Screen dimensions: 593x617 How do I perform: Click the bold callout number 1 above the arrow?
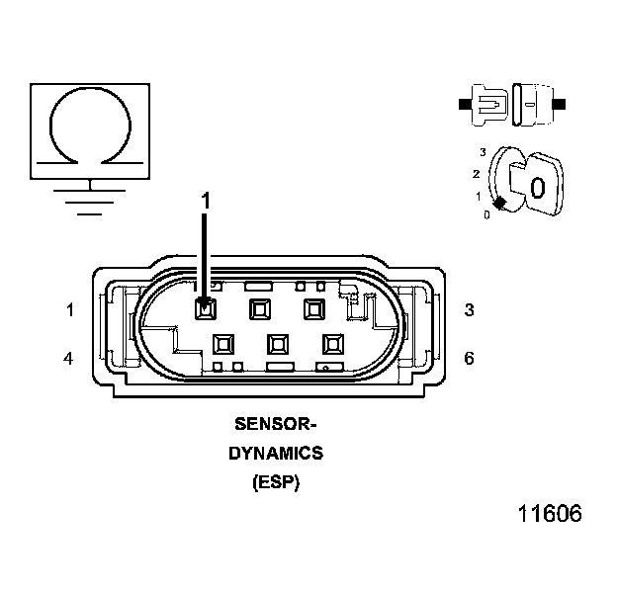tap(206, 200)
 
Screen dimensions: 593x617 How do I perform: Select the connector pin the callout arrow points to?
tap(206, 309)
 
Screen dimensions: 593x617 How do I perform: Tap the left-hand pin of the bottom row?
tap(223, 344)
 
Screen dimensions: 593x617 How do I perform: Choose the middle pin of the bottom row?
tap(277, 344)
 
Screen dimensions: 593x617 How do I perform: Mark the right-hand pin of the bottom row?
tap(331, 344)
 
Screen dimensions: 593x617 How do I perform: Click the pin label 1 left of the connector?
tap(70, 310)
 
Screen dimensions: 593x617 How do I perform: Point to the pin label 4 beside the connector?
tap(68, 358)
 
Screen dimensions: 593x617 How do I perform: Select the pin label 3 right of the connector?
tap(469, 310)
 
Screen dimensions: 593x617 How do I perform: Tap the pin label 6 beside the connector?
tap(469, 358)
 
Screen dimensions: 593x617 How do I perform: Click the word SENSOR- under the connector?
tap(275, 425)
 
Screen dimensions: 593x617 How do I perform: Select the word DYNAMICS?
tap(276, 454)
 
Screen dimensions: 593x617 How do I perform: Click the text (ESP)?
tap(276, 483)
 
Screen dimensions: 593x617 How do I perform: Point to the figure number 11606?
tap(549, 514)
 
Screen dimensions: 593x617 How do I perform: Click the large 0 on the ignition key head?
tap(537, 187)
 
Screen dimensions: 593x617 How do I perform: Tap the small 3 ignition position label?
tap(483, 152)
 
